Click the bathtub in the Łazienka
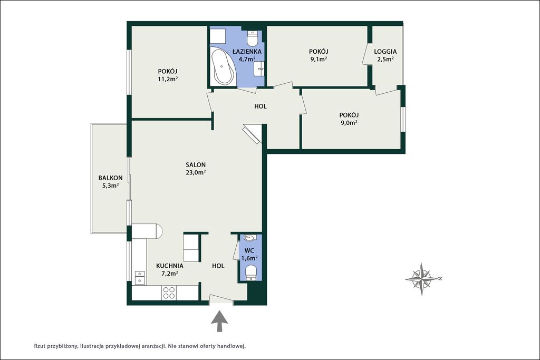(224, 66)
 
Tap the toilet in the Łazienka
(253, 38)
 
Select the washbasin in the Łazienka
(259, 69)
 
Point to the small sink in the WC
(249, 238)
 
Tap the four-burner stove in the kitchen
(169, 293)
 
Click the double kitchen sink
(139, 278)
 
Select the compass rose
(422, 279)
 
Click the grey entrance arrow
(220, 321)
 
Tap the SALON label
(196, 165)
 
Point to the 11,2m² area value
(168, 79)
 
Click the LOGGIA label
(385, 52)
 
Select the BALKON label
(111, 178)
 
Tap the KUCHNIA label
(170, 266)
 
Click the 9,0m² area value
(349, 122)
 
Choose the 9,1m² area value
(319, 59)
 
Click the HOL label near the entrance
(218, 266)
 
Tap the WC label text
(249, 250)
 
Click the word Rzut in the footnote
(40, 346)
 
